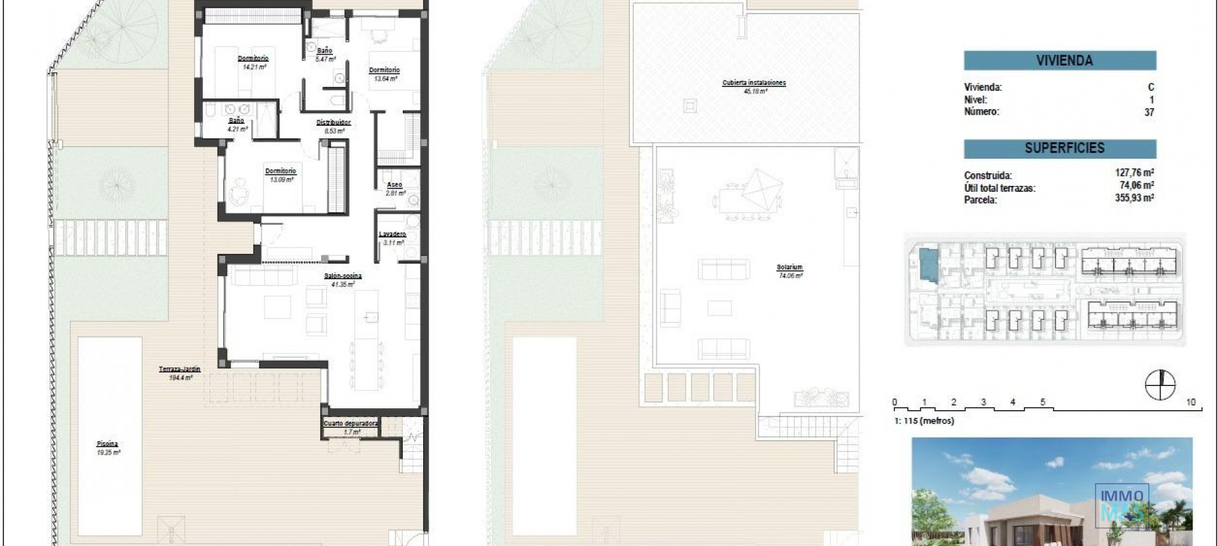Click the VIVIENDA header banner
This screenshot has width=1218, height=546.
[1059, 61]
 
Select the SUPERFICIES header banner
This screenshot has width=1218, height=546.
[1059, 149]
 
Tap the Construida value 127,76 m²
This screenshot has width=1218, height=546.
[1134, 173]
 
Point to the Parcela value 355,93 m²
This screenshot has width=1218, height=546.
[1134, 198]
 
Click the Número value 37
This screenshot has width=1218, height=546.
[1149, 112]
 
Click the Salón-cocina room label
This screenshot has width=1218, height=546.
[343, 276]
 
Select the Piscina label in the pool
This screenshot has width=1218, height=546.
[108, 444]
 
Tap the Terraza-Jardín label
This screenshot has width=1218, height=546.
[180, 369]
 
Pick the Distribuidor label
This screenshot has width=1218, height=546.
[334, 123]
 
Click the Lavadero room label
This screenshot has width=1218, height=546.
[392, 234]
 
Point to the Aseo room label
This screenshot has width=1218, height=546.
[395, 185]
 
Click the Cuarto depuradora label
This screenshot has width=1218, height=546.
[351, 423]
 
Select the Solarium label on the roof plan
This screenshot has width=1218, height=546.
[789, 268]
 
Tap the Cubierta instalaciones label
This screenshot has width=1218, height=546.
[754, 83]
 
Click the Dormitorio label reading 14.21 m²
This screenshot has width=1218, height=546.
[253, 58]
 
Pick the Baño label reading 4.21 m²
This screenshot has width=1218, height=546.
[237, 121]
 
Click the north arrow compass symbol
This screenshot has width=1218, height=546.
[1160, 385]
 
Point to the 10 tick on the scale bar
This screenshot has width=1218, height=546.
[1191, 403]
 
